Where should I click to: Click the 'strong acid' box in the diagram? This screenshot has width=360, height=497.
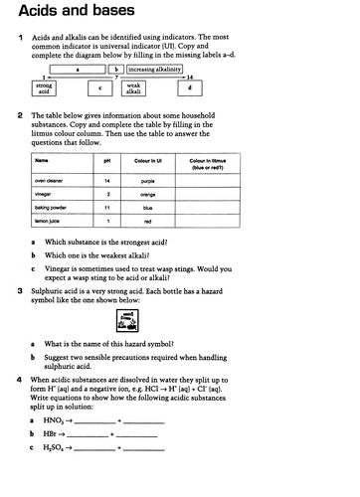[x=45, y=89]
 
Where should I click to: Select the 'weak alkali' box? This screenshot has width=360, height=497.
[x=131, y=89]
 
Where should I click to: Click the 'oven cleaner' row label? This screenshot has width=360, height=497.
[x=48, y=182]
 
